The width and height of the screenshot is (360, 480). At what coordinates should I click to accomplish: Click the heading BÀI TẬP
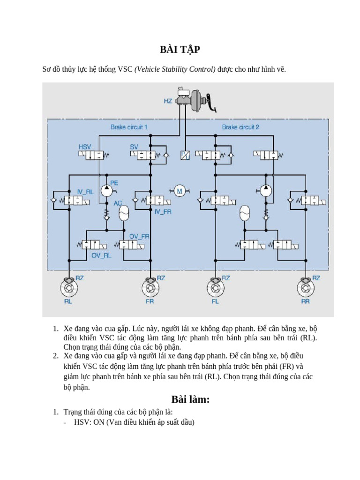(x=180, y=50)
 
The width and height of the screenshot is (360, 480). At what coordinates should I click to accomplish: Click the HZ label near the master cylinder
(x=167, y=101)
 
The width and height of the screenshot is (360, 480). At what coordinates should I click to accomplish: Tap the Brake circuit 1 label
(x=129, y=127)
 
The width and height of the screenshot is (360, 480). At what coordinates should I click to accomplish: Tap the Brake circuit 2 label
(x=240, y=127)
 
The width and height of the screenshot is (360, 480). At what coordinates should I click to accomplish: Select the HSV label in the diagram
(x=85, y=147)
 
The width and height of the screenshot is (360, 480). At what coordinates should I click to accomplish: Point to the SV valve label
(x=134, y=147)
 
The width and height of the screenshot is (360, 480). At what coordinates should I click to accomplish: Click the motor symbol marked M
(x=179, y=190)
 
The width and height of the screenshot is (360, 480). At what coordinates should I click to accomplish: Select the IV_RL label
(x=85, y=192)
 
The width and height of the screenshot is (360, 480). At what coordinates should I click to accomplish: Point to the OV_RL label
(x=101, y=255)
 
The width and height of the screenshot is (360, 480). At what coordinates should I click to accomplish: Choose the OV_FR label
(x=139, y=236)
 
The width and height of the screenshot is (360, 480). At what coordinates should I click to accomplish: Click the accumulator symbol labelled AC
(x=123, y=214)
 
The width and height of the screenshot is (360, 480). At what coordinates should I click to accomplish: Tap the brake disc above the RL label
(x=69, y=286)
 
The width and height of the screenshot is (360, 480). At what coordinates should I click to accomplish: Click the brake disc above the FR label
(x=150, y=286)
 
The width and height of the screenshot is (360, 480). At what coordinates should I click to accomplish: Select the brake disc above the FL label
(x=215, y=286)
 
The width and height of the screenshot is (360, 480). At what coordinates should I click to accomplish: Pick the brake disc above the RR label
(x=305, y=286)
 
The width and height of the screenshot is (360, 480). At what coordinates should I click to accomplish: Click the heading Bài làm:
(x=190, y=399)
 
